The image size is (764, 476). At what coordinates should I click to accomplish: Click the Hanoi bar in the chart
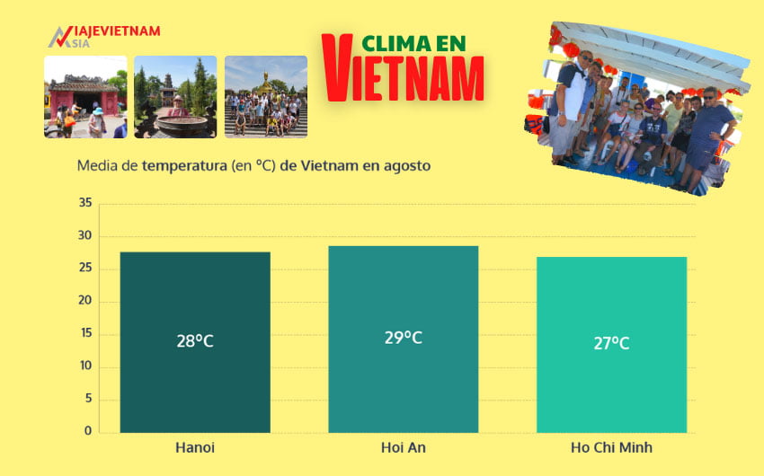195,341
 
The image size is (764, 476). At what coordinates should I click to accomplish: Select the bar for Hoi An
403,339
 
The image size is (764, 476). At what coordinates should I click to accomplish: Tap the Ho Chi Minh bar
611,344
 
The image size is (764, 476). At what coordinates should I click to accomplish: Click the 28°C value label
195,341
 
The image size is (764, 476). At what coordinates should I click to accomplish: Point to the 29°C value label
403,338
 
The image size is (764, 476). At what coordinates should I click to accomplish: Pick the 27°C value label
611,343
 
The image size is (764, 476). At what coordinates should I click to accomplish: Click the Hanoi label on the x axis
195,447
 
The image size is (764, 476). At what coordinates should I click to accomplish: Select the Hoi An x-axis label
403,447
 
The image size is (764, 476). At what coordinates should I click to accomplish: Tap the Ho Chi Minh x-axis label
611,447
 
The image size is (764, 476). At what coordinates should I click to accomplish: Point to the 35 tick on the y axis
85,203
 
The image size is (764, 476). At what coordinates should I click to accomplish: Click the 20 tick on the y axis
85,301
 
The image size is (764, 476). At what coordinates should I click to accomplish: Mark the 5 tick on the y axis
88,399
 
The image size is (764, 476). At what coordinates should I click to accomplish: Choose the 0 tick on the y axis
88,431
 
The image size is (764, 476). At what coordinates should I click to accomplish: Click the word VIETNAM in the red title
402,77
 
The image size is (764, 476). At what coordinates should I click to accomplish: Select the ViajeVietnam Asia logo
103,37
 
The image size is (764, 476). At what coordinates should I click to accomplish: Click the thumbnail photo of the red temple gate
85,97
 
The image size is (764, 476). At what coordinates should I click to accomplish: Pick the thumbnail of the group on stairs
265,97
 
